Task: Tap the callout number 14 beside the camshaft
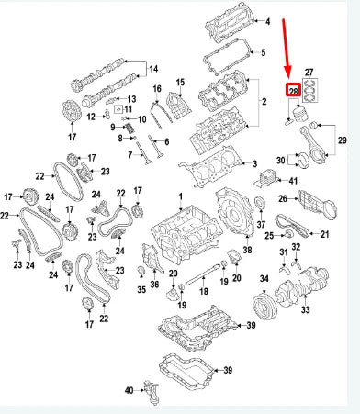(153, 69)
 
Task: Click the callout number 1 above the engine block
(181, 199)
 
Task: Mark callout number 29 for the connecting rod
(343, 140)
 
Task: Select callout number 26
(284, 196)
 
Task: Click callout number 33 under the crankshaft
(305, 310)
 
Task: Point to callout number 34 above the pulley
(264, 277)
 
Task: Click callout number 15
(180, 84)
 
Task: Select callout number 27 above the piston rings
(309, 72)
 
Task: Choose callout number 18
(205, 290)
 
